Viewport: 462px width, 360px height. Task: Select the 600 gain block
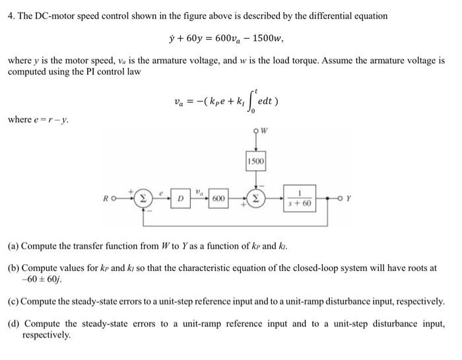[218, 198]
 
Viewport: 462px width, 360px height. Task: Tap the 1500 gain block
[255, 161]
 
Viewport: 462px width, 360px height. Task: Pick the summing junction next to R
[143, 198]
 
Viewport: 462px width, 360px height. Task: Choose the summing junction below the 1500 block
[255, 198]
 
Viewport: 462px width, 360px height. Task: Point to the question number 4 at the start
[11, 15]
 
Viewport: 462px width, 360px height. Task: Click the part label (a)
[13, 246]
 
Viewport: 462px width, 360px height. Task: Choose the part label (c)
[13, 301]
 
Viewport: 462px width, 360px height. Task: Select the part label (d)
[13, 324]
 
